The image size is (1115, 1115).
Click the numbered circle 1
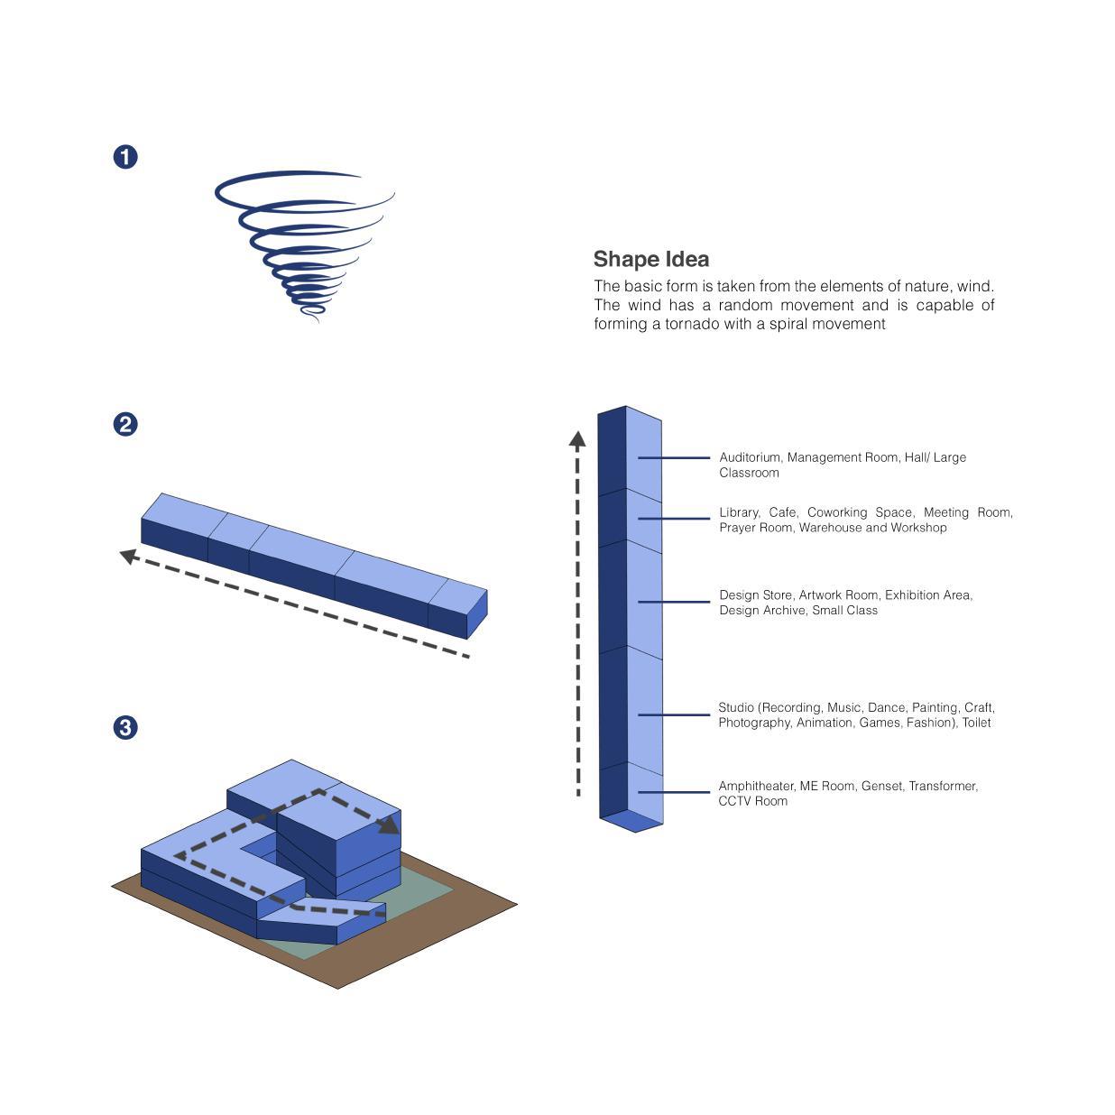point(125,157)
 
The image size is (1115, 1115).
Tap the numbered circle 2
point(125,424)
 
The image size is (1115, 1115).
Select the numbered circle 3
point(125,727)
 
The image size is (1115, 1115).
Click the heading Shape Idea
point(650,260)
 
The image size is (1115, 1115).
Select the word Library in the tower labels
point(739,513)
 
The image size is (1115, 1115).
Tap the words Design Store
point(755,595)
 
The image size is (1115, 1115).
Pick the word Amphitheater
point(756,787)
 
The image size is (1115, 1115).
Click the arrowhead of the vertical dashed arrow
point(577,439)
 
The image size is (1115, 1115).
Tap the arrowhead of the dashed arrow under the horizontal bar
point(129,556)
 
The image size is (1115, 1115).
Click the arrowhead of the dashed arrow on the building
point(390,824)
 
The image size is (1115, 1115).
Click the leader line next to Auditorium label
point(674,458)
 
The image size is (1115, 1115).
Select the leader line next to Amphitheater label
point(674,792)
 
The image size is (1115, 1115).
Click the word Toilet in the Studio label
point(976,723)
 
